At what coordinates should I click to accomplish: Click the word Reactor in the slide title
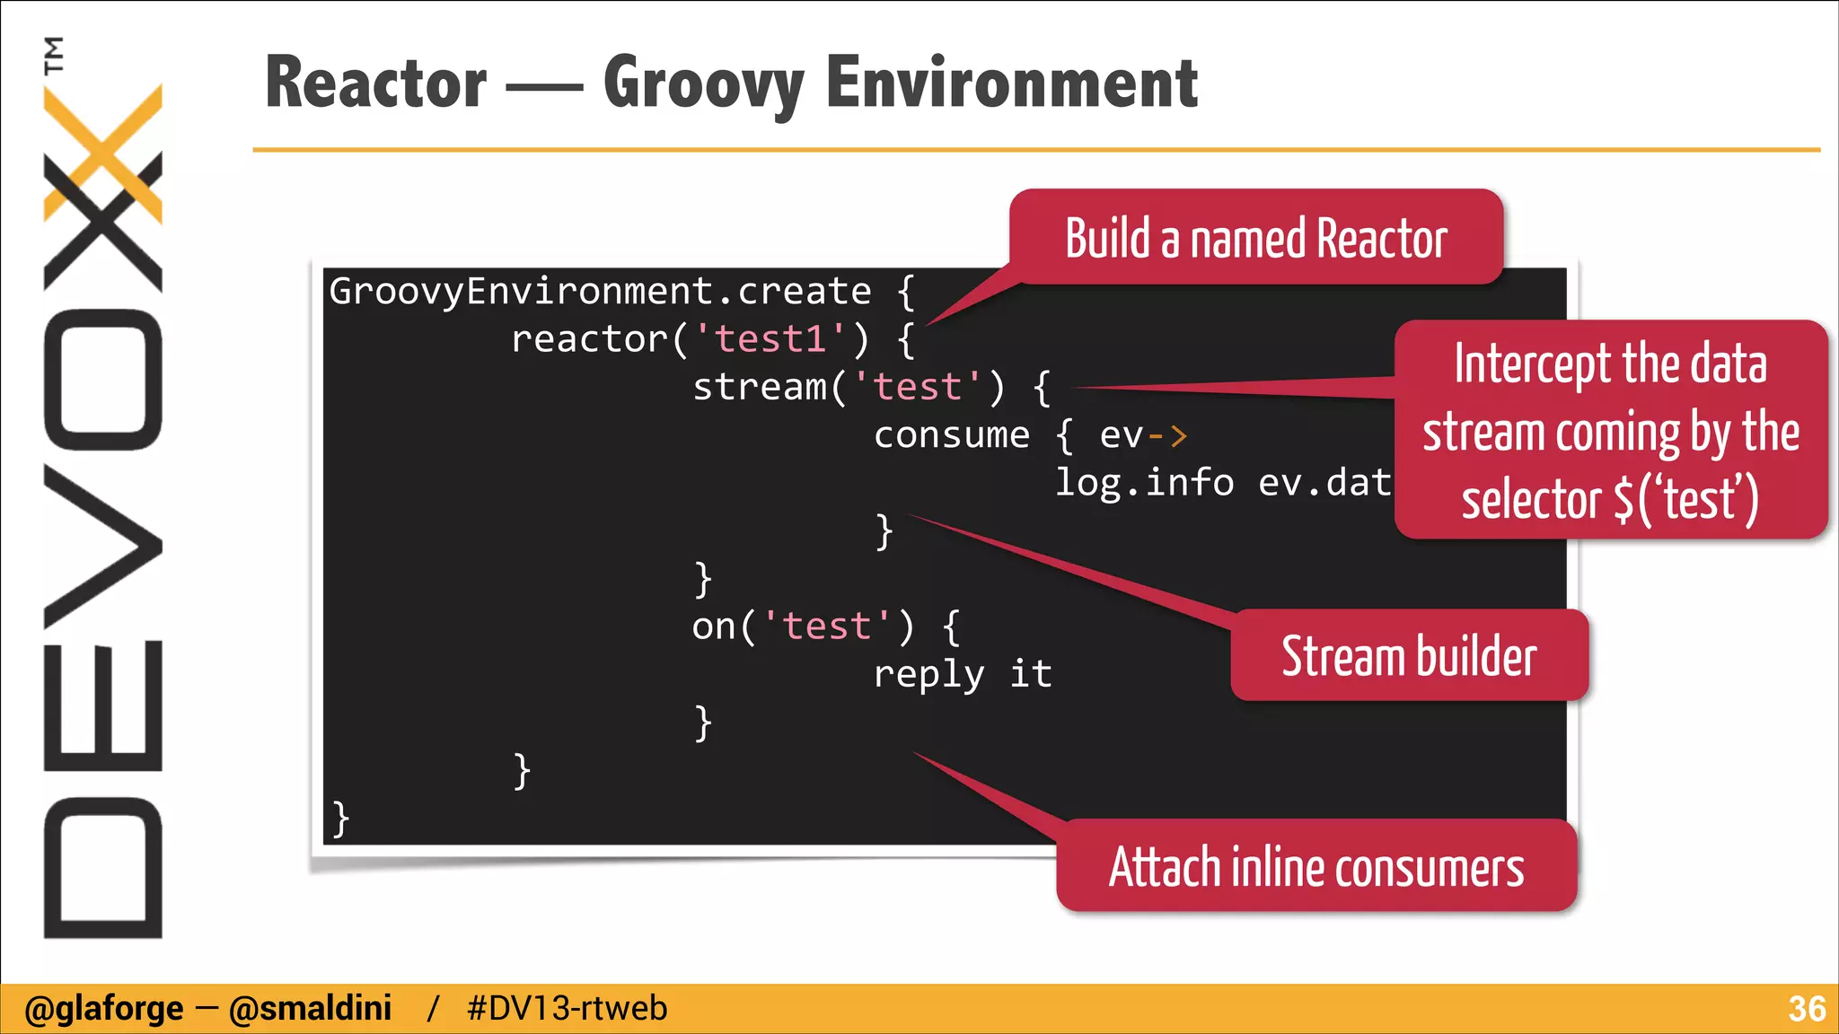click(375, 83)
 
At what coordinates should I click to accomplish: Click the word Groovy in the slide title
click(703, 83)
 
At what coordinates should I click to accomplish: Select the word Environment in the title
click(1011, 83)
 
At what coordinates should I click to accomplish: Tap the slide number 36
click(1806, 1009)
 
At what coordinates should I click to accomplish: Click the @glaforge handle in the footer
click(103, 1009)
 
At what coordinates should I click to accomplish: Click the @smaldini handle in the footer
click(310, 1009)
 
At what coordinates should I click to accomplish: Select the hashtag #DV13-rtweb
click(567, 1009)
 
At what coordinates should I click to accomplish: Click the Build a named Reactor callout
click(1255, 238)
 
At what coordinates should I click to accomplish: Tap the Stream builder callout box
click(1408, 656)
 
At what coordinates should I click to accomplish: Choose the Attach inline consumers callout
click(1315, 867)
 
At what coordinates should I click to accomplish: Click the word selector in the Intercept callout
click(1531, 500)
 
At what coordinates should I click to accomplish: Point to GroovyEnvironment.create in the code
click(599, 292)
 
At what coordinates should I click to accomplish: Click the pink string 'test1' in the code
click(770, 339)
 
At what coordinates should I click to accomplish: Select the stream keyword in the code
click(760, 387)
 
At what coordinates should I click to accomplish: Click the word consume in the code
click(951, 435)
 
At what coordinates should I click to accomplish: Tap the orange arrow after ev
click(1167, 436)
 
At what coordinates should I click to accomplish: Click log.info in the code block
click(1144, 483)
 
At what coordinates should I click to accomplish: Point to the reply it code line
click(962, 674)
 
